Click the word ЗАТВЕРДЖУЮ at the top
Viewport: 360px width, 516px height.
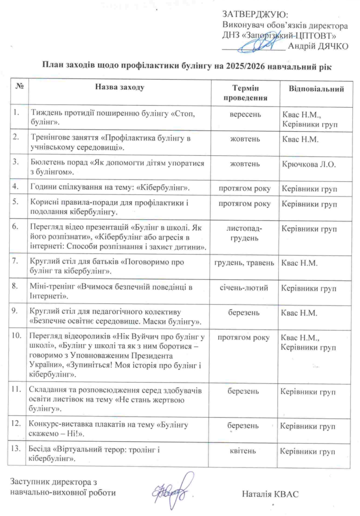(255, 15)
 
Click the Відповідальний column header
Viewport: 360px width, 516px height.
(317, 89)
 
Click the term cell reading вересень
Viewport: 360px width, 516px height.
(245, 114)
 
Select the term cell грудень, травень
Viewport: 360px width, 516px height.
(245, 263)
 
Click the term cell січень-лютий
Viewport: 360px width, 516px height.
(245, 288)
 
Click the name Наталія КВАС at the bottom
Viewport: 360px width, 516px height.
(270, 493)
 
